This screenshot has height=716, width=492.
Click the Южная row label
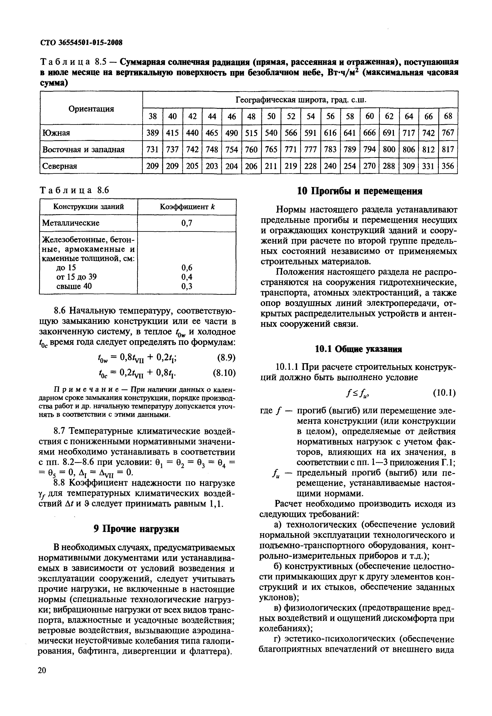pyautogui.click(x=56, y=133)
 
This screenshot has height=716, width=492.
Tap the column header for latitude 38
pyautogui.click(x=153, y=116)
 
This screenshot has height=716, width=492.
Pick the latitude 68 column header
pyautogui.click(x=448, y=116)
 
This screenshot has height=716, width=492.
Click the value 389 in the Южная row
pyautogui.click(x=153, y=133)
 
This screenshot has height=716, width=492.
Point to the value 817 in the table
pyautogui.click(x=448, y=150)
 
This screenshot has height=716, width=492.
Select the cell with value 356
pyautogui.click(x=448, y=166)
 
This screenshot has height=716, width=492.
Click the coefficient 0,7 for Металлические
pyautogui.click(x=187, y=223)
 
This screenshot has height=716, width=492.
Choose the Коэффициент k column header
pyautogui.click(x=187, y=206)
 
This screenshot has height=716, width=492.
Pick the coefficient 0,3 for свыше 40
pyautogui.click(x=187, y=286)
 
